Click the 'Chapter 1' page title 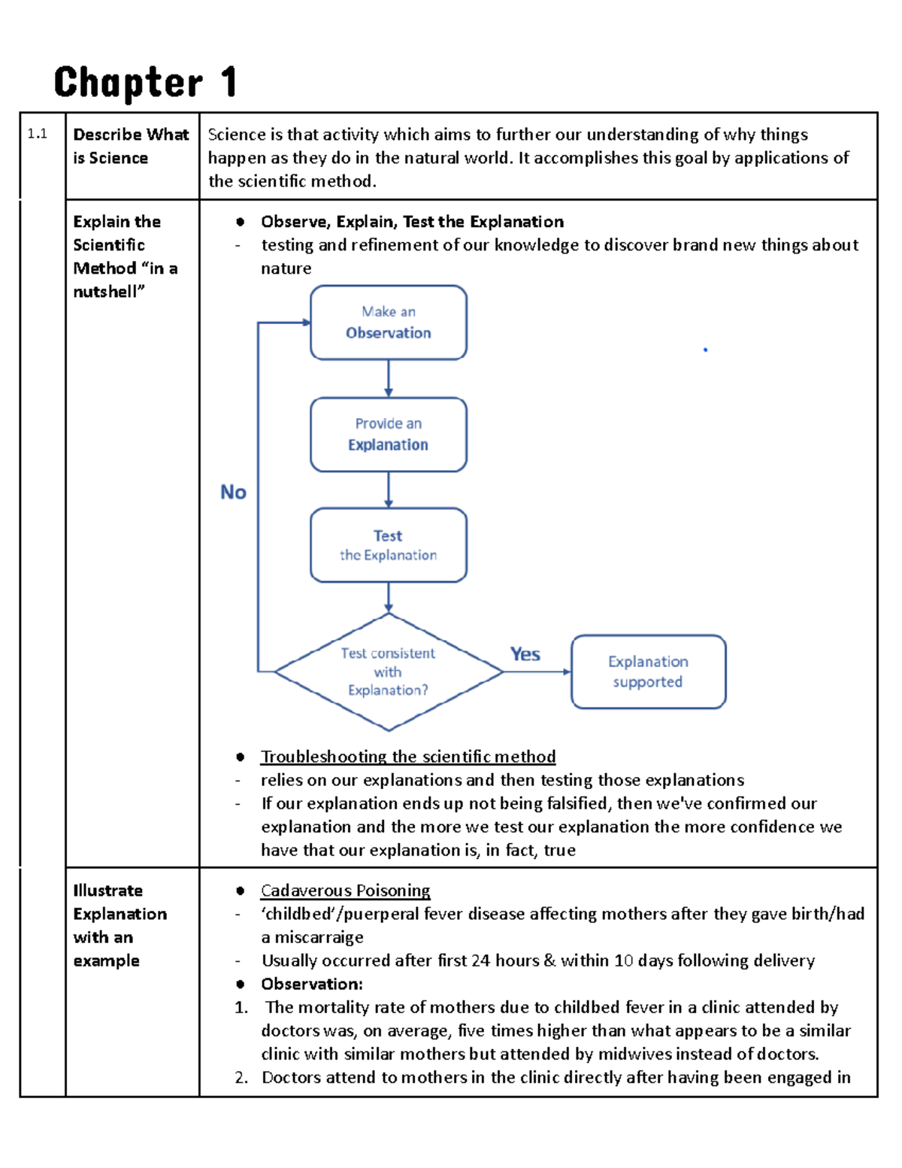146,83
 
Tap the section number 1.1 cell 38,135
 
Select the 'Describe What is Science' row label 130,146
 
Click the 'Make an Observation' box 389,323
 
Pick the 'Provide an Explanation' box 389,435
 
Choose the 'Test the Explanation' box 389,545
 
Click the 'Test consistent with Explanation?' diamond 388,672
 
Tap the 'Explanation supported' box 648,672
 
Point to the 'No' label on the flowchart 233,492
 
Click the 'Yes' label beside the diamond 525,654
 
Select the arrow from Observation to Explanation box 389,378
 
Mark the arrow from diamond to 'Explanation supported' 537,672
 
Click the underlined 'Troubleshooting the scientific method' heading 408,757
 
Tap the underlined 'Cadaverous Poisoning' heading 345,890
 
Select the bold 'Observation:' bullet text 312,984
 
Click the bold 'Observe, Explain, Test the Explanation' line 412,222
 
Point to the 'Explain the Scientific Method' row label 125,256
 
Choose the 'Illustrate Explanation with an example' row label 120,925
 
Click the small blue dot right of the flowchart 705,350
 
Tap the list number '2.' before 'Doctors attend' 241,1078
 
